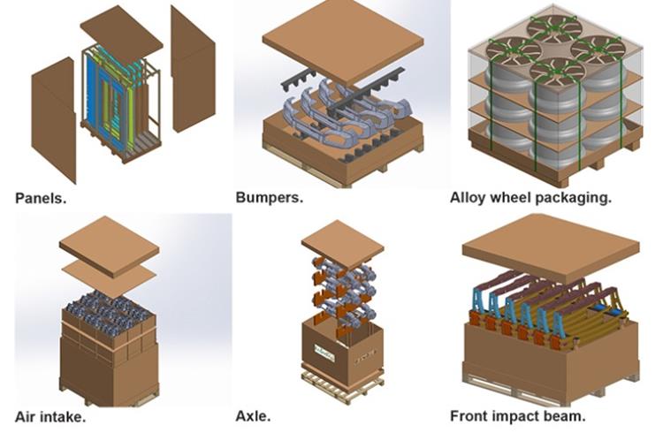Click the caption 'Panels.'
click(41, 198)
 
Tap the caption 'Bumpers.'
click(270, 197)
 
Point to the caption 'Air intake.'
click(50, 417)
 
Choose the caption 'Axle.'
click(253, 416)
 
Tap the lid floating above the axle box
click(342, 244)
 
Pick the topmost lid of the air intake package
click(109, 246)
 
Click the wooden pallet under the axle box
click(342, 383)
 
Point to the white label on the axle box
click(324, 353)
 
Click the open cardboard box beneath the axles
click(342, 351)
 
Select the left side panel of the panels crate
click(54, 120)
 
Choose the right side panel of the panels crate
click(193, 69)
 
